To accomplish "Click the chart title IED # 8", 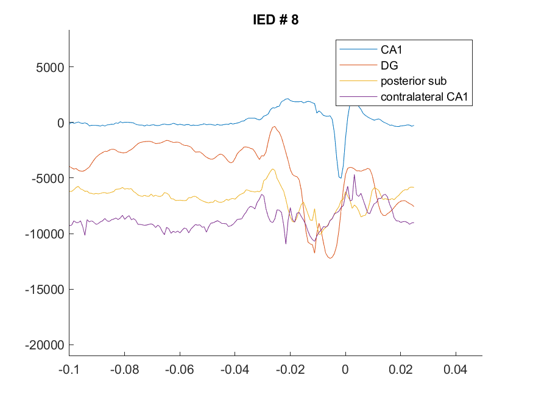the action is tap(276, 20).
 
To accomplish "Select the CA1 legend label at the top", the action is tap(391, 49).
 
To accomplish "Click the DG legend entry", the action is tap(389, 65).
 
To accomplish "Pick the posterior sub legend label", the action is tap(414, 81).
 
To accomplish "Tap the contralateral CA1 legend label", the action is tap(424, 96).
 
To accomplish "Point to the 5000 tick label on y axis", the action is tap(50, 67).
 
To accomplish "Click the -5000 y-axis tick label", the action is tap(48, 179).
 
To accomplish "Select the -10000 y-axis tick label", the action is tap(44, 234).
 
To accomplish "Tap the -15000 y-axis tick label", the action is tap(44, 290).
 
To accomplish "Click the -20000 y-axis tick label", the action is tap(44, 345).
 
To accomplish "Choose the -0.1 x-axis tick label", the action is tap(69, 370).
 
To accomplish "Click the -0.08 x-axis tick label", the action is tap(124, 370).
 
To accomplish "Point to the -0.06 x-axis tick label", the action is tap(180, 370).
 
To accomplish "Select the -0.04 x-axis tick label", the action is tap(235, 370).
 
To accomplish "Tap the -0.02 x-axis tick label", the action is tap(290, 370).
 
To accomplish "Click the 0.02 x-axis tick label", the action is tap(400, 370).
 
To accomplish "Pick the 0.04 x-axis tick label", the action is tap(456, 370).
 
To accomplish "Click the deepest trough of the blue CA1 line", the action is tap(341, 178).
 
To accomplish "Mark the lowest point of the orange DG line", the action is tap(330, 258).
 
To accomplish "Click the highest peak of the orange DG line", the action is tap(274, 127).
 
